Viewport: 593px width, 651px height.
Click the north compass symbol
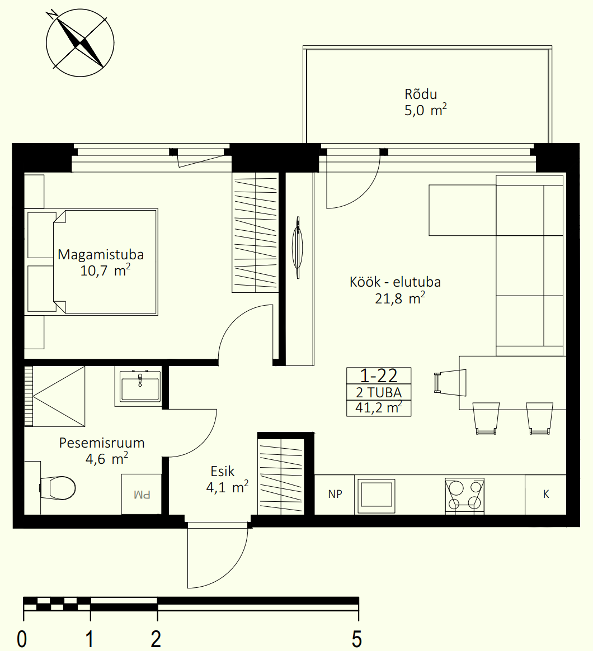point(80,43)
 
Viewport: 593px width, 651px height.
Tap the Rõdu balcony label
point(421,94)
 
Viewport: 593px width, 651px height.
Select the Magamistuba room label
point(101,254)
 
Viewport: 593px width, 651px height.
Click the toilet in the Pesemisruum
point(58,488)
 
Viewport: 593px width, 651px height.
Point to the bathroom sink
point(140,385)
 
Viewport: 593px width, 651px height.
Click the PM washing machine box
point(142,494)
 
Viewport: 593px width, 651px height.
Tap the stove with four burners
point(464,496)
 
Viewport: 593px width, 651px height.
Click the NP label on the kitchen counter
point(335,494)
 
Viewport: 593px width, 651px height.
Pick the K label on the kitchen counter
point(546,494)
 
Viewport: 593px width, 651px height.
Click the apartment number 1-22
point(379,376)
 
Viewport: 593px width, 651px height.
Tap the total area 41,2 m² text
point(379,408)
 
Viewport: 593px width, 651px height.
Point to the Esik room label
point(222,471)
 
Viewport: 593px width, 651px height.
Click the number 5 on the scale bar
point(357,639)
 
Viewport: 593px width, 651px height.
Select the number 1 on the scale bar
point(90,639)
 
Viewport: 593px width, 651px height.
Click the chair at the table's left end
point(450,382)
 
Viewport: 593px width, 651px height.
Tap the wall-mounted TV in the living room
point(298,248)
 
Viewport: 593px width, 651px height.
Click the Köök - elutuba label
point(395,282)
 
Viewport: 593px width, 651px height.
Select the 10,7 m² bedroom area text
point(106,270)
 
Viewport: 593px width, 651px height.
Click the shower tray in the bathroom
point(54,396)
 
